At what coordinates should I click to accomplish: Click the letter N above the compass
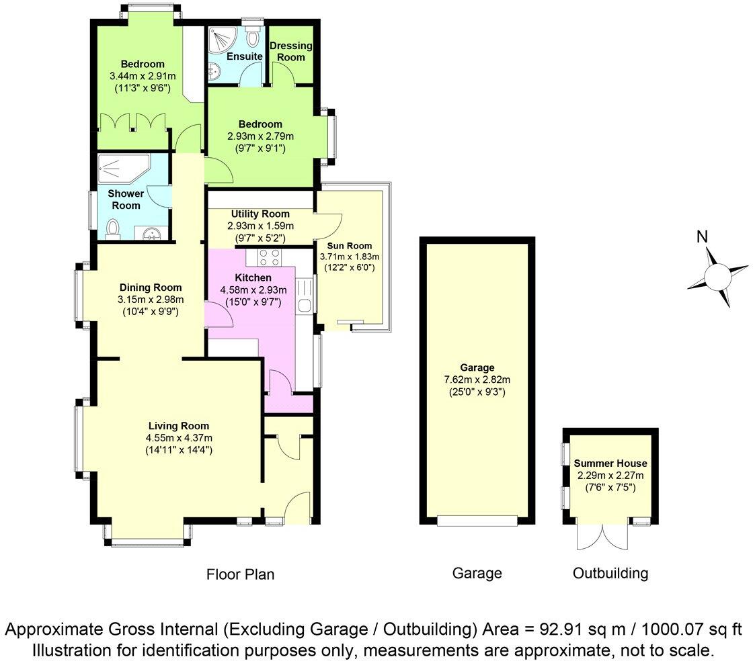[x=703, y=236]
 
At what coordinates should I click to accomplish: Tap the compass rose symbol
[x=718, y=276]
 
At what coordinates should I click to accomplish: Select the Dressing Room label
[x=291, y=52]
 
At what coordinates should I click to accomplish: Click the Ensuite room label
[x=244, y=56]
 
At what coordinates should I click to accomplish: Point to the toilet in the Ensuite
[x=253, y=35]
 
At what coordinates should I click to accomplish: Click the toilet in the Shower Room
[x=114, y=228]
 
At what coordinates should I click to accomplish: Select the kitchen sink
[x=305, y=296]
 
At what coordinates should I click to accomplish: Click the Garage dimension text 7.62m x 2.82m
[x=478, y=380]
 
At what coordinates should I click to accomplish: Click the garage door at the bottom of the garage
[x=477, y=519]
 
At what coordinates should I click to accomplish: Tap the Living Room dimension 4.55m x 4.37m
[x=179, y=438]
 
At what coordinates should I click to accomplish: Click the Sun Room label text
[x=350, y=245]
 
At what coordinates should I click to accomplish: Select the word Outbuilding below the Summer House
[x=610, y=573]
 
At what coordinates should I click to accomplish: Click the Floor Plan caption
[x=240, y=574]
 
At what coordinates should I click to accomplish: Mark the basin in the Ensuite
[x=213, y=71]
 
